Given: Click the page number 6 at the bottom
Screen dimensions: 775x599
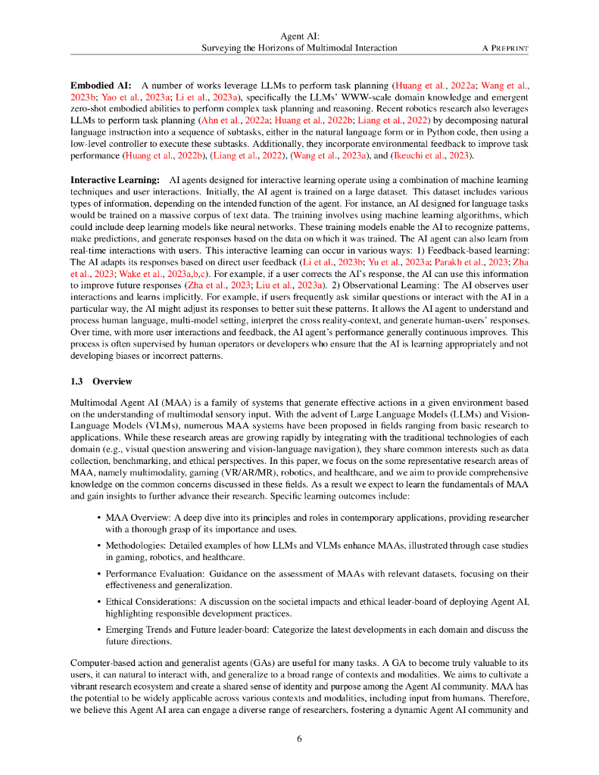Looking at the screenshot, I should [x=299, y=739].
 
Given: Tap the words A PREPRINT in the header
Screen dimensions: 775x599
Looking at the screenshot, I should [x=505, y=48].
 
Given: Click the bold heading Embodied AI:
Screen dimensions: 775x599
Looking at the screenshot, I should [x=101, y=86].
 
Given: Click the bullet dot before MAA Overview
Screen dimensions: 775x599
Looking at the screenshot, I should [x=99, y=518].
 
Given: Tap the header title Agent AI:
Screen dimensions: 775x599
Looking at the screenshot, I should [x=299, y=36].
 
